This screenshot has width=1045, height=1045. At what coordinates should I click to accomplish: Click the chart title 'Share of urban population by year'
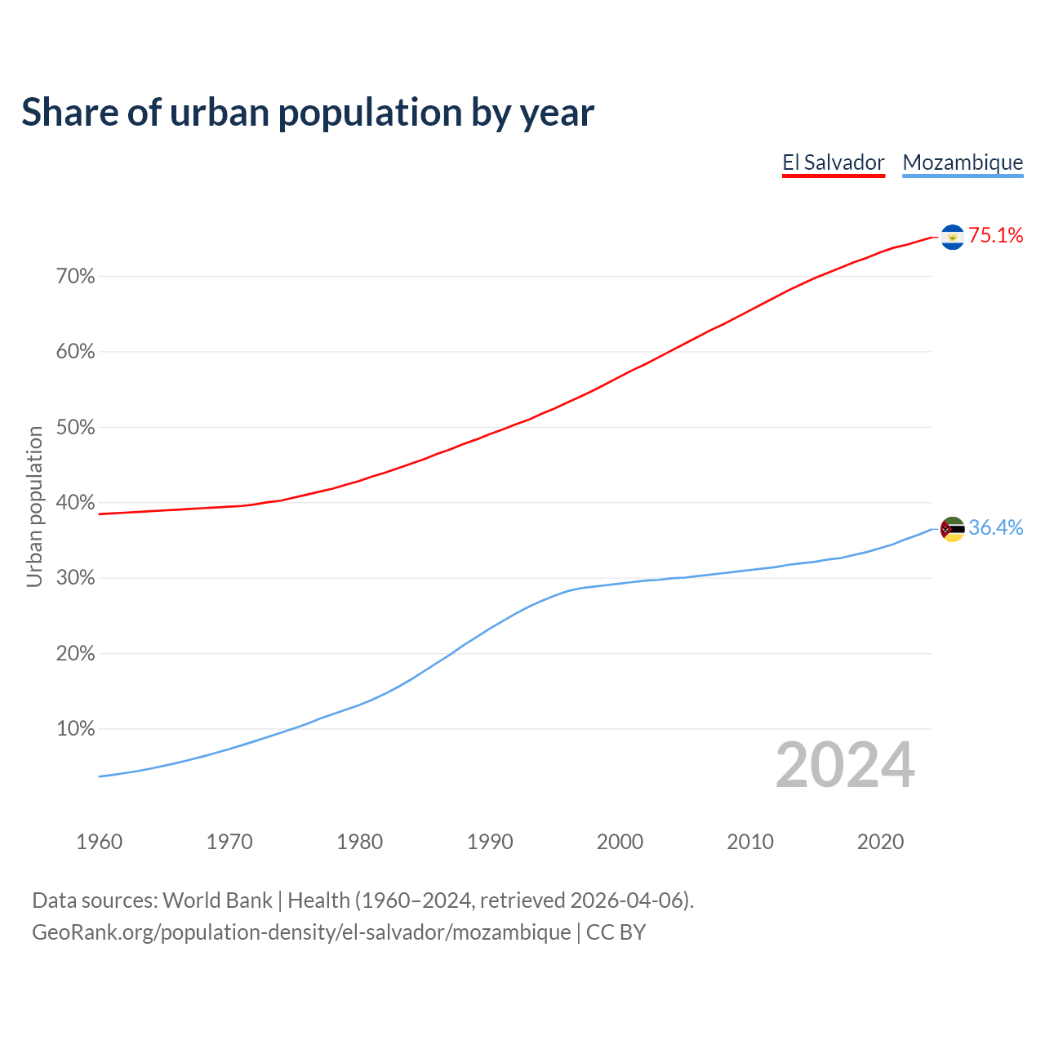[308, 112]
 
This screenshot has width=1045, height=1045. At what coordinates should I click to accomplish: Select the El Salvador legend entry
[833, 162]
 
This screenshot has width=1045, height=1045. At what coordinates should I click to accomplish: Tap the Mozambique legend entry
[963, 162]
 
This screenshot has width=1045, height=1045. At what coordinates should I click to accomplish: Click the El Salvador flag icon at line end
[952, 237]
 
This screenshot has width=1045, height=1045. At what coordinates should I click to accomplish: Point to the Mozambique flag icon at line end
[952, 529]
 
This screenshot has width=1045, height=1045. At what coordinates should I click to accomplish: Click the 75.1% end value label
[995, 236]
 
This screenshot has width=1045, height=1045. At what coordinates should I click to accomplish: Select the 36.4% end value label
[995, 528]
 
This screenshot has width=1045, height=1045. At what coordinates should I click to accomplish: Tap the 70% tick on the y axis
[75, 277]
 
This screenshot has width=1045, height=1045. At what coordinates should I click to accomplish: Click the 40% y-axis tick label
[75, 503]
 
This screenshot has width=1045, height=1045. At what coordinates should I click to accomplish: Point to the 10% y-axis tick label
[75, 729]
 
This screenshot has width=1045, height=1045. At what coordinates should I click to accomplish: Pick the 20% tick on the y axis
[75, 654]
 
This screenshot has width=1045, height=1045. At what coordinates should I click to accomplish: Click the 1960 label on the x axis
[99, 842]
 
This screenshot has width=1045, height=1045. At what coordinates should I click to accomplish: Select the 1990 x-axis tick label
[490, 842]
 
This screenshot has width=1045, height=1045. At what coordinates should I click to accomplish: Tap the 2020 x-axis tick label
[880, 842]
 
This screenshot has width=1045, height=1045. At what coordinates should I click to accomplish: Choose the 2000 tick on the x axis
[620, 842]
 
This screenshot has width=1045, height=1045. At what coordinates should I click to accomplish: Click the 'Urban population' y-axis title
[34, 506]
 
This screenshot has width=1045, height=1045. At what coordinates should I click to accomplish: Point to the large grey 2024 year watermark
[844, 765]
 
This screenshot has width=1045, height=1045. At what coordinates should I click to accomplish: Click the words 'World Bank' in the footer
[217, 900]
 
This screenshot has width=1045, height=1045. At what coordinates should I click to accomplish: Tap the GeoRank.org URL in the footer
[301, 932]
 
